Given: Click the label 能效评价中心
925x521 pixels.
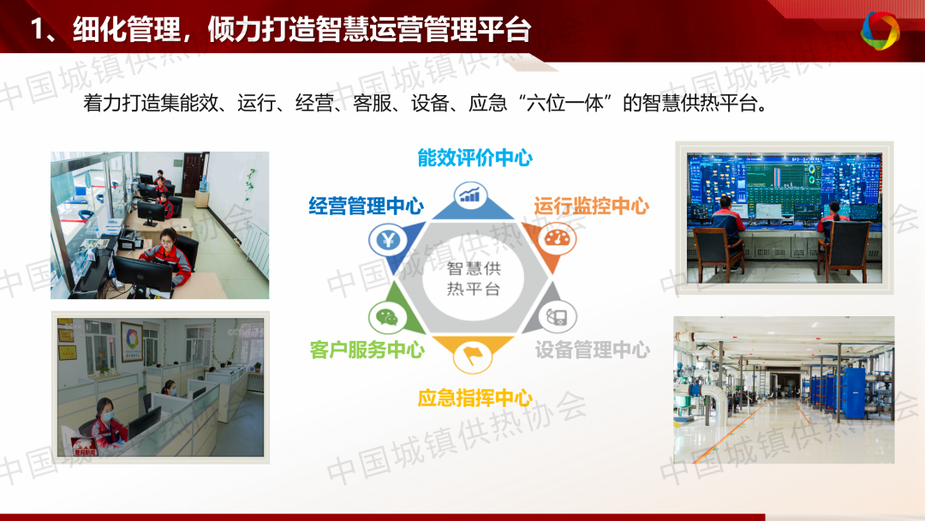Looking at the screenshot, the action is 474,158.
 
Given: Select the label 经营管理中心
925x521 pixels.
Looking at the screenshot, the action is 367,206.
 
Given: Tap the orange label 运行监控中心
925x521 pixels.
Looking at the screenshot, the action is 592,206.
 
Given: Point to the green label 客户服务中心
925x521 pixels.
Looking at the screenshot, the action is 367,350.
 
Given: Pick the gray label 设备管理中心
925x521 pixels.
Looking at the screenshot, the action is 593,350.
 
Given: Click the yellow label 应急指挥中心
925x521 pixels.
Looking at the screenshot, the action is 474,398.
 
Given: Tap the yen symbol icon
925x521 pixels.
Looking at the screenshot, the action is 388,240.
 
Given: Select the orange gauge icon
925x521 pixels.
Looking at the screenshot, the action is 557,239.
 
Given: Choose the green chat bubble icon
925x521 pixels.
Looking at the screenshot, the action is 387,317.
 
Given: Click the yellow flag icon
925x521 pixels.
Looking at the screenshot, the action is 473,356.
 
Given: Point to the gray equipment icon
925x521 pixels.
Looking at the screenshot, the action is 557,317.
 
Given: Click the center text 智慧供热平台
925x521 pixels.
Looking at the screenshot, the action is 474,278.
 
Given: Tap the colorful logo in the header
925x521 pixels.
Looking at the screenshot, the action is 880,30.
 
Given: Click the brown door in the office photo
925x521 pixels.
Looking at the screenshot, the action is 192,175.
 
